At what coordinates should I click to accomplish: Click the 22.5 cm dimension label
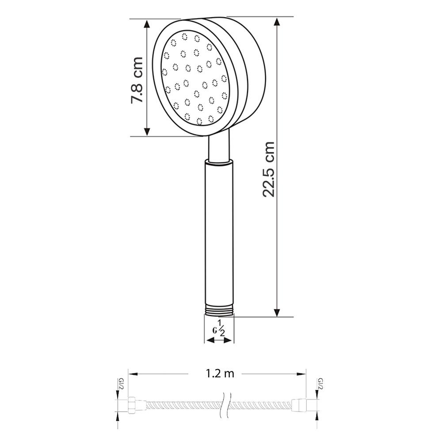tap(268, 169)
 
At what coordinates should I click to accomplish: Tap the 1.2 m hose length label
tap(220, 374)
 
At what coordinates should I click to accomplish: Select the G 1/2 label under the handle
tap(219, 329)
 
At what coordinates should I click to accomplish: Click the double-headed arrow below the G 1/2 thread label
tap(219, 340)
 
